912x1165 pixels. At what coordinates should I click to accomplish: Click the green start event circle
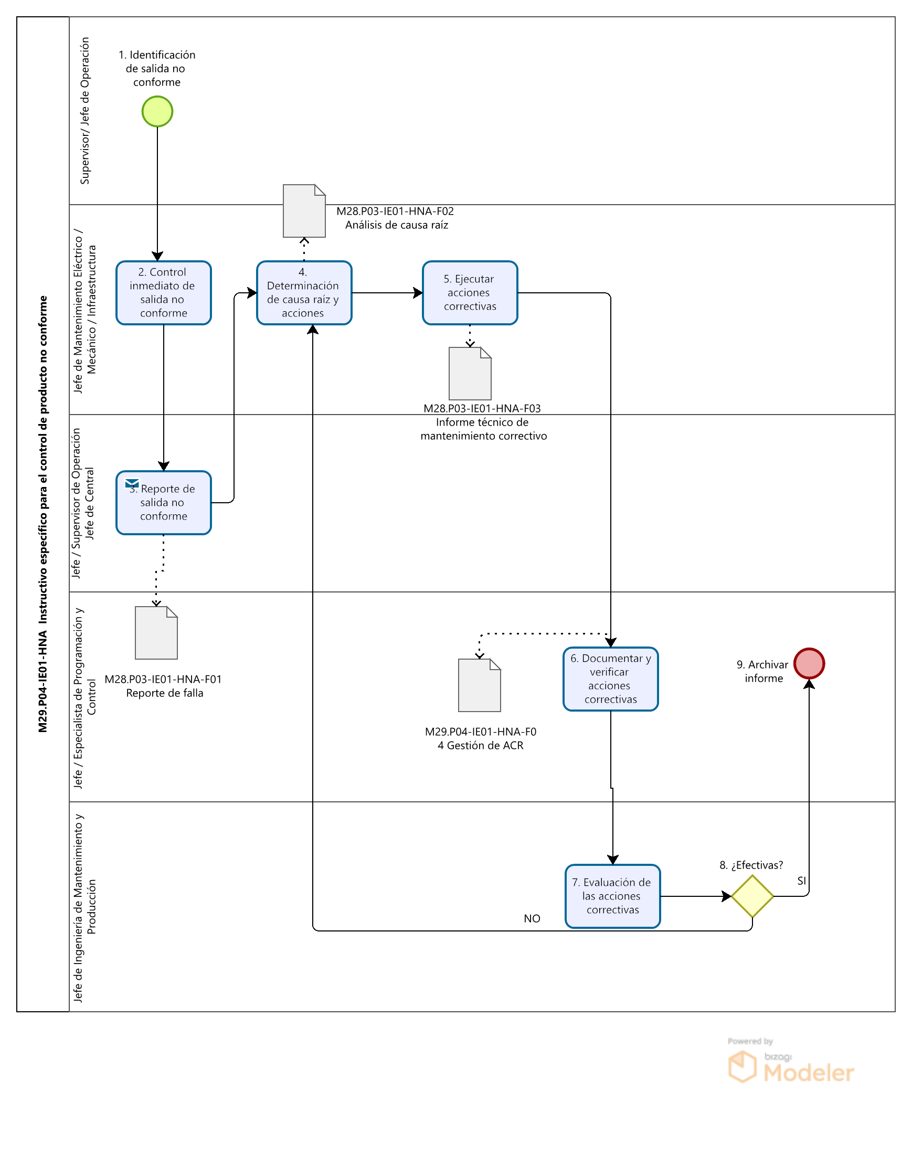click(157, 112)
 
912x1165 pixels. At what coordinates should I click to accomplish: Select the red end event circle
click(809, 663)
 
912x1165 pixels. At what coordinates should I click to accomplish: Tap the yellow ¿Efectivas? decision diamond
click(752, 896)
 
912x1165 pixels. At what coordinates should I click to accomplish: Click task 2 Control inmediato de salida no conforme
click(163, 293)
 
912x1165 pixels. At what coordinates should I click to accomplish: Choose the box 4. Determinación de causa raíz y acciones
click(304, 293)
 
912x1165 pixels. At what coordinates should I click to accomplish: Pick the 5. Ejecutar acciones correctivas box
click(470, 293)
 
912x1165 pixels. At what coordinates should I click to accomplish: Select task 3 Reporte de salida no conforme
click(163, 502)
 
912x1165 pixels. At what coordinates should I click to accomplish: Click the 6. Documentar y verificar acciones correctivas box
click(610, 679)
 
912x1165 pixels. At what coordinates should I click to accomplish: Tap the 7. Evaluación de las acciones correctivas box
click(612, 896)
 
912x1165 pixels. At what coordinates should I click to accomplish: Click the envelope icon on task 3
click(132, 483)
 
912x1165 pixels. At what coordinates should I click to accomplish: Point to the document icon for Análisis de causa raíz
click(304, 211)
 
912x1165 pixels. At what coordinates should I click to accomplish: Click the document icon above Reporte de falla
click(156, 633)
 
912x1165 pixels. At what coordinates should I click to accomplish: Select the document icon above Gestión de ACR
click(480, 685)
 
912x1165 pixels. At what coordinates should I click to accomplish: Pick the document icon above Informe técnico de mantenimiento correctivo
click(470, 373)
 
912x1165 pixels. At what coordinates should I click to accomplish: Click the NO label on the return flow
click(532, 918)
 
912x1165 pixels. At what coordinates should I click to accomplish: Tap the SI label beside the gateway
click(801, 881)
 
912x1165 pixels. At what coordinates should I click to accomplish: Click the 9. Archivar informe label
click(763, 671)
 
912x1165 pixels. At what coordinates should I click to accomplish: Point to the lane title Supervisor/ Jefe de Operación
click(85, 111)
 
